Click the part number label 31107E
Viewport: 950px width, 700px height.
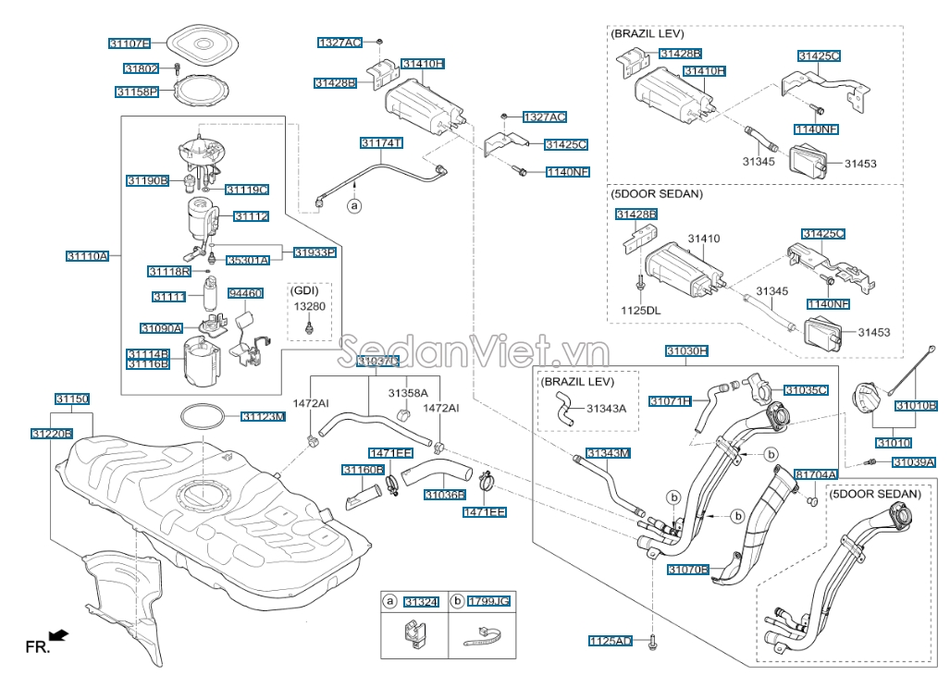tap(129, 43)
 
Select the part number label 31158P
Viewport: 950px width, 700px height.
tap(137, 92)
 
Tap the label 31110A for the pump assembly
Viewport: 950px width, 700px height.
tap(87, 255)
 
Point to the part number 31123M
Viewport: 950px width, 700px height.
tap(263, 417)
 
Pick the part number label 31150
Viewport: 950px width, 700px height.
tap(71, 399)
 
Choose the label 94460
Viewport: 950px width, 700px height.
tap(245, 293)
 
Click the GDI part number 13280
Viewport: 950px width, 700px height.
tap(310, 306)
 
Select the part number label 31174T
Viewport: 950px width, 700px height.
tap(381, 143)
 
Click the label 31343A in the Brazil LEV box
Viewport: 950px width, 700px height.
tap(606, 408)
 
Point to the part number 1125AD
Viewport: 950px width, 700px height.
tap(611, 641)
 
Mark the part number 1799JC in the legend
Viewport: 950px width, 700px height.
tap(488, 602)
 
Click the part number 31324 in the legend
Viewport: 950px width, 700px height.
tap(421, 602)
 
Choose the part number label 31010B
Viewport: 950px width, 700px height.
tap(916, 405)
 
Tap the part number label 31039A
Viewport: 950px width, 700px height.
tap(913, 461)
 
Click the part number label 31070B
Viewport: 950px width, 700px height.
tap(687, 570)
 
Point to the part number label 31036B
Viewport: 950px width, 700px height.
tap(444, 495)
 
